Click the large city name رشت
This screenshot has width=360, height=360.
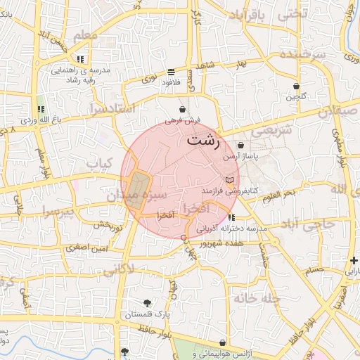point(203,141)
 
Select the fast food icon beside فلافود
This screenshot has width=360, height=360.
point(172,72)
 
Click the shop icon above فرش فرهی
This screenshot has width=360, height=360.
point(183,110)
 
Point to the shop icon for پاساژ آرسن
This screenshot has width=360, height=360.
point(240,146)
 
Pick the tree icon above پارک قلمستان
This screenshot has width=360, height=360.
point(147,302)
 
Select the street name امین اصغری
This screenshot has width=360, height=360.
point(87,247)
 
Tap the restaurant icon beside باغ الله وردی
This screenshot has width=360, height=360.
point(41,110)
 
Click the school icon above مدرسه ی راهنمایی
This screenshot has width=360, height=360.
point(82,59)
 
